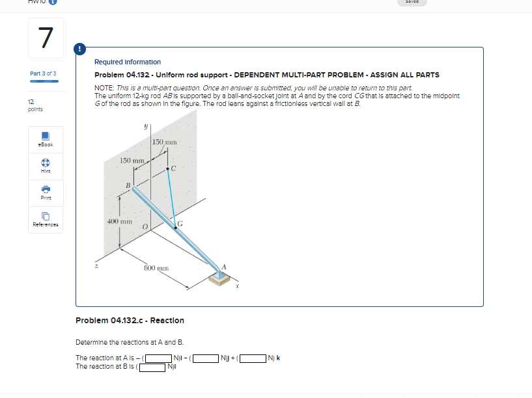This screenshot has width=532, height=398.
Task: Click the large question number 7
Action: coord(45,38)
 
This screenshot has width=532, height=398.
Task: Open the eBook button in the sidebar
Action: coord(45,139)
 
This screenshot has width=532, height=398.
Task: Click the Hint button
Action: coord(45,166)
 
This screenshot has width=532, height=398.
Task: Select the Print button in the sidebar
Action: coord(45,193)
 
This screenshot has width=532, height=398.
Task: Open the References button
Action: coord(45,220)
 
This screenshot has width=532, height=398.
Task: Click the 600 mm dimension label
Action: coord(156,267)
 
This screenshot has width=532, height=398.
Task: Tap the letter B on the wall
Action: coord(129,185)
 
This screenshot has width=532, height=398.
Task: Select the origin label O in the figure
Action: coord(145,226)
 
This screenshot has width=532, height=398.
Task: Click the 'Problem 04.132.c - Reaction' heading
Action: coord(130,321)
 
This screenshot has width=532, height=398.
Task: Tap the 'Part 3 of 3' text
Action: coord(43,73)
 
